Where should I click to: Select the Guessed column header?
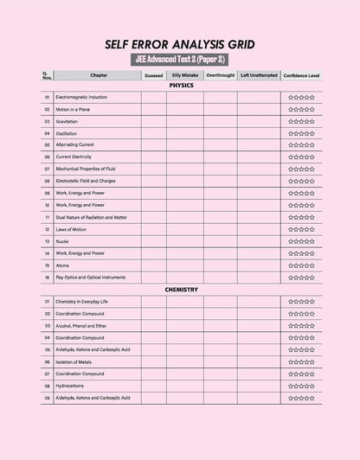click(x=154, y=76)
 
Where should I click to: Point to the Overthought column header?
click(x=220, y=76)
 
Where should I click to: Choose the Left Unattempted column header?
click(x=259, y=76)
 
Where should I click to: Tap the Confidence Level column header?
click(x=301, y=76)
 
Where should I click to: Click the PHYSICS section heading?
click(x=181, y=86)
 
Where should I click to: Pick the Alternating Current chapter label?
click(x=74, y=146)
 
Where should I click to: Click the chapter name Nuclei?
click(x=61, y=241)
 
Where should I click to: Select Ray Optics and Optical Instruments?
click(x=91, y=278)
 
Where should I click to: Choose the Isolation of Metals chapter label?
click(x=73, y=361)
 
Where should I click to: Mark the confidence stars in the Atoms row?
click(x=301, y=265)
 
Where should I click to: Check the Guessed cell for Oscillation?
click(x=154, y=134)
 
